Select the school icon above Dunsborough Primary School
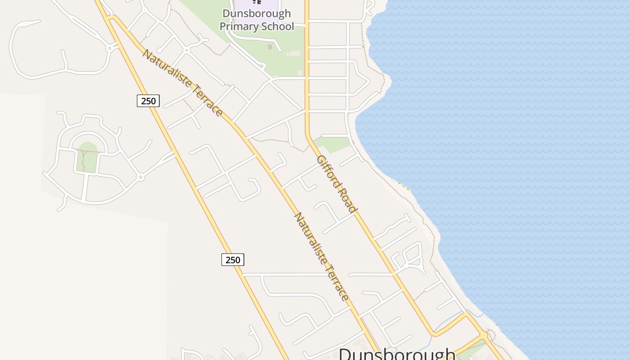pyautogui.click(x=256, y=2)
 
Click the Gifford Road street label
pyautogui.click(x=337, y=184)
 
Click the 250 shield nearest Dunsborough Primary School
pyautogui.click(x=148, y=101)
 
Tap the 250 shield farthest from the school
pyautogui.click(x=233, y=260)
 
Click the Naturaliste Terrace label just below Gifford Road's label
pyautogui.click(x=321, y=256)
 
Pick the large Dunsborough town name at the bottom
pyautogui.click(x=397, y=354)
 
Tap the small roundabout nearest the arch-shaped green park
pyautogui.click(x=140, y=178)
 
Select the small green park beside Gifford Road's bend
pyautogui.click(x=333, y=144)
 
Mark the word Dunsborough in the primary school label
pyautogui.click(x=256, y=14)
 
